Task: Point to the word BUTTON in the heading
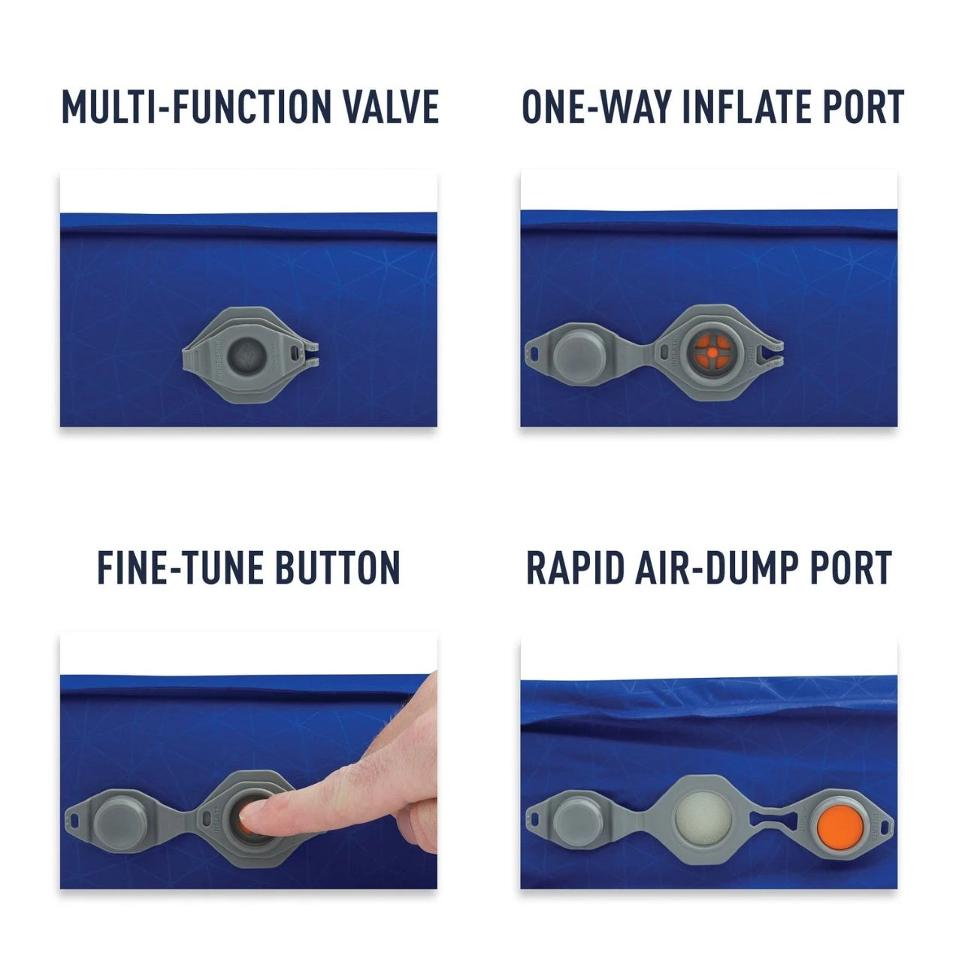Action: coord(337,568)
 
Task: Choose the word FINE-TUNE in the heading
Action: coord(180,568)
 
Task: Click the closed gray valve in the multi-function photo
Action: coord(247,352)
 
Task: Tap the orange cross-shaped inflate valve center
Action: coord(709,349)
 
